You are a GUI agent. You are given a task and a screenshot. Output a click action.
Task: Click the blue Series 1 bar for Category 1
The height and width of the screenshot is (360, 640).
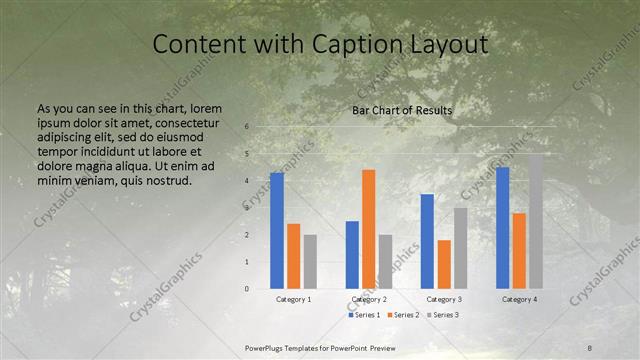[x=277, y=231]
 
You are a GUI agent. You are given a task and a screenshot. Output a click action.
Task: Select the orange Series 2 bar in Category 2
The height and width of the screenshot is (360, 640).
[x=368, y=229]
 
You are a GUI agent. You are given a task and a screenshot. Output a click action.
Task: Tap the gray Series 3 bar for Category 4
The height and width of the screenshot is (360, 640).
[x=536, y=221]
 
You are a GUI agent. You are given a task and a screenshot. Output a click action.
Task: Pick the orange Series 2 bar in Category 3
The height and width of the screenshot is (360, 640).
[x=444, y=264]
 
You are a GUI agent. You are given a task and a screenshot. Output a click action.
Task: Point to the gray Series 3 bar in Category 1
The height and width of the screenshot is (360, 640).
[x=311, y=262]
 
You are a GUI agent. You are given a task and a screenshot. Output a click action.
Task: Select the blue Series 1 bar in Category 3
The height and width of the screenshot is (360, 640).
[x=427, y=241]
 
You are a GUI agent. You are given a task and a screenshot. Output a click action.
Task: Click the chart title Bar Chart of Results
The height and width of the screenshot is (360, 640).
[x=402, y=110]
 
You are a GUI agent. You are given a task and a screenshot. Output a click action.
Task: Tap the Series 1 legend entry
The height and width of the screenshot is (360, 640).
[x=364, y=315]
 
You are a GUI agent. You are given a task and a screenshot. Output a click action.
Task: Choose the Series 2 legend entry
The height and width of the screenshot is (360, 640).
[x=403, y=315]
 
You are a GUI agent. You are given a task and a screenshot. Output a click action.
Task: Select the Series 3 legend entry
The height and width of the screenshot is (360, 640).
[x=442, y=315]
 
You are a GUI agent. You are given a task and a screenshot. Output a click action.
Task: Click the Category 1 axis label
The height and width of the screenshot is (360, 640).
[x=294, y=299]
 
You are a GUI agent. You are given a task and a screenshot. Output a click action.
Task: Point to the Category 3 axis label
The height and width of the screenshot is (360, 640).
[x=444, y=299]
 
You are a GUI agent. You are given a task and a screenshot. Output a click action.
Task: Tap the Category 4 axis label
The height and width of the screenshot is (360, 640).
[x=519, y=299]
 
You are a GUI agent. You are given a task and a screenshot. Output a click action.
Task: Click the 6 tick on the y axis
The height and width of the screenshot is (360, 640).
[x=246, y=127]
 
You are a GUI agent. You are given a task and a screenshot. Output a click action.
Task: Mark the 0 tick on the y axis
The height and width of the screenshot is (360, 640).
[x=246, y=289]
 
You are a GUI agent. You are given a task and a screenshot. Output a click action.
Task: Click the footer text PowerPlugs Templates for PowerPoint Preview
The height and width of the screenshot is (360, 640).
[x=320, y=347]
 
